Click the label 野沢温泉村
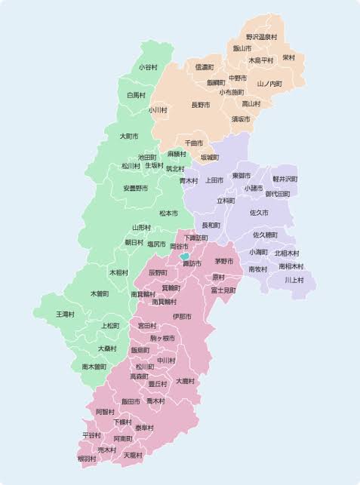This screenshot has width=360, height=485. point(261,37)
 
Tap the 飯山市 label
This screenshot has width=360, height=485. point(242,48)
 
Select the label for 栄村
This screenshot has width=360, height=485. point(288,57)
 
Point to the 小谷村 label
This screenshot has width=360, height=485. point(148,67)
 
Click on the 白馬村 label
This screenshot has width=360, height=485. point(136,95)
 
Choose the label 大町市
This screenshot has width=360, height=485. point(129,137)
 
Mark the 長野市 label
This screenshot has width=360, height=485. point(200,105)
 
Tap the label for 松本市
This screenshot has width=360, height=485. point(168,213)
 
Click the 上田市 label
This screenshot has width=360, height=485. point(214,180)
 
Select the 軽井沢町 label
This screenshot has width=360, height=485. point(285,179)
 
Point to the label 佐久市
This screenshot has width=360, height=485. point(259,213)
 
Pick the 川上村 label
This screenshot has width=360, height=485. point(294,280)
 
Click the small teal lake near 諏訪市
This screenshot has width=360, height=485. point(185,256)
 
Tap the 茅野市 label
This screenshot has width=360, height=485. point(224,261)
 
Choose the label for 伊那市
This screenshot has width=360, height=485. point(182,316)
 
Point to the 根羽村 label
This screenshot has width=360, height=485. point(87,458)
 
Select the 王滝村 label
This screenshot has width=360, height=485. point(65,313)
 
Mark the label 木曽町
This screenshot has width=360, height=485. point(100,293)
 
